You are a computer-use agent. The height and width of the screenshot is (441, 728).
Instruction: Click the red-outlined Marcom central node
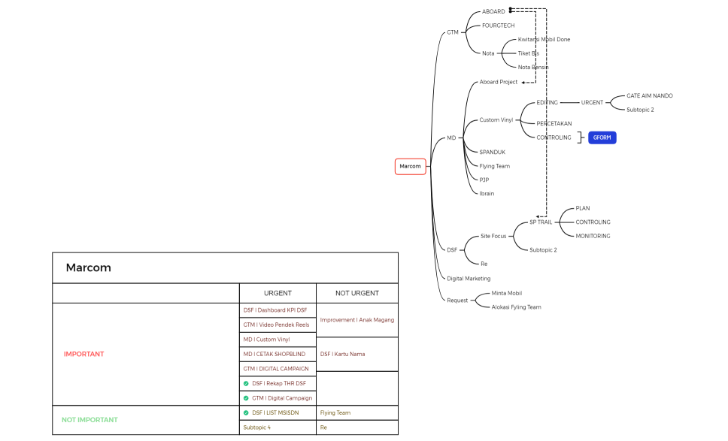411,166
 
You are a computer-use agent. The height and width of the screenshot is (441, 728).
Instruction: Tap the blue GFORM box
602,137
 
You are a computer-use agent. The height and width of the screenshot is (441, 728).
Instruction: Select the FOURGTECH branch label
498,26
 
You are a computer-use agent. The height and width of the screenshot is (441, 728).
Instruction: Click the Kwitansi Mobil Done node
544,39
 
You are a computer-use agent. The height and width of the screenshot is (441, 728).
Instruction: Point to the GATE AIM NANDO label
650,95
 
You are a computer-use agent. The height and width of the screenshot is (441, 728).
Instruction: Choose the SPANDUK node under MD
493,152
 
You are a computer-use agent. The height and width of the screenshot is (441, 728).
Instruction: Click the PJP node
484,180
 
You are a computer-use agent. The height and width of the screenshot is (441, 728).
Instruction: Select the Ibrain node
487,193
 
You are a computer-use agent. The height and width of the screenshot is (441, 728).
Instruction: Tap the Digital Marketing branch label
469,278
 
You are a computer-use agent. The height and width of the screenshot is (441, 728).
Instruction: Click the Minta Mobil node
506,293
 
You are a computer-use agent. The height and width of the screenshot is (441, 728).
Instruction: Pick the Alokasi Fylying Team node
516,307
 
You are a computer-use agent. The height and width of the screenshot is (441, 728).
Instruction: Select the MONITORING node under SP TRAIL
593,236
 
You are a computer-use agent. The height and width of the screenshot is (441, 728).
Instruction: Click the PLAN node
583,208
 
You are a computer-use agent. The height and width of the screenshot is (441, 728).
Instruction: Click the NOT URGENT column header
356,293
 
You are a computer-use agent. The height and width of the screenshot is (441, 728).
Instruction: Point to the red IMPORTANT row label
84,354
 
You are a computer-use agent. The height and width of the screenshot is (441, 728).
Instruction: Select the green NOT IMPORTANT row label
89,419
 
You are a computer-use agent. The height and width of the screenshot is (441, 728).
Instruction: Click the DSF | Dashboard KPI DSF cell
275,310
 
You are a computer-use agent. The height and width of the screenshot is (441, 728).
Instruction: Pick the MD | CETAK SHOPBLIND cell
274,354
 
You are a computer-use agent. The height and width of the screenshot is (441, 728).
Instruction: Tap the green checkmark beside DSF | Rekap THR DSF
246,383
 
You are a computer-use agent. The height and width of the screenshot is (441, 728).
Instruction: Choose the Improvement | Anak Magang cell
356,319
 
